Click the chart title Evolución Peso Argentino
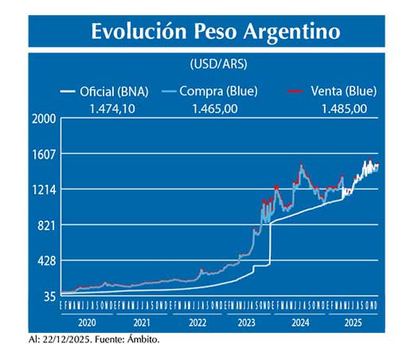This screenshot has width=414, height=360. (215, 32)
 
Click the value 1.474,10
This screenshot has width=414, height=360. (111, 108)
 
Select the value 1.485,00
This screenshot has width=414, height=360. (344, 108)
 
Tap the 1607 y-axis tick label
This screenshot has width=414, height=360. (42, 155)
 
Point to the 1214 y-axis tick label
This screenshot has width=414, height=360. (42, 190)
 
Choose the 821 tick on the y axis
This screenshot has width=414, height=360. (45, 225)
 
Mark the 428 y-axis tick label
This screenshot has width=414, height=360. (45, 261)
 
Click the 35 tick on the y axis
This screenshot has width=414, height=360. (48, 296)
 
